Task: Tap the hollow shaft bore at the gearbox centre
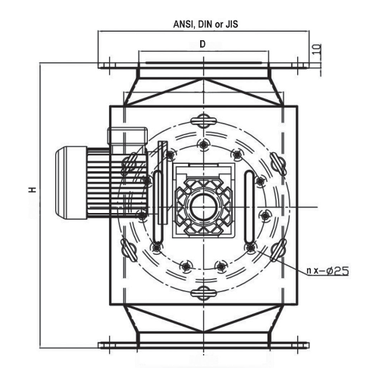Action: pos(203,205)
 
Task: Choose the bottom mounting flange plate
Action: pos(203,345)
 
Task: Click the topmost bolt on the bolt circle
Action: pos(203,144)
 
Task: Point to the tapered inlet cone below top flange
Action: pos(203,89)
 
